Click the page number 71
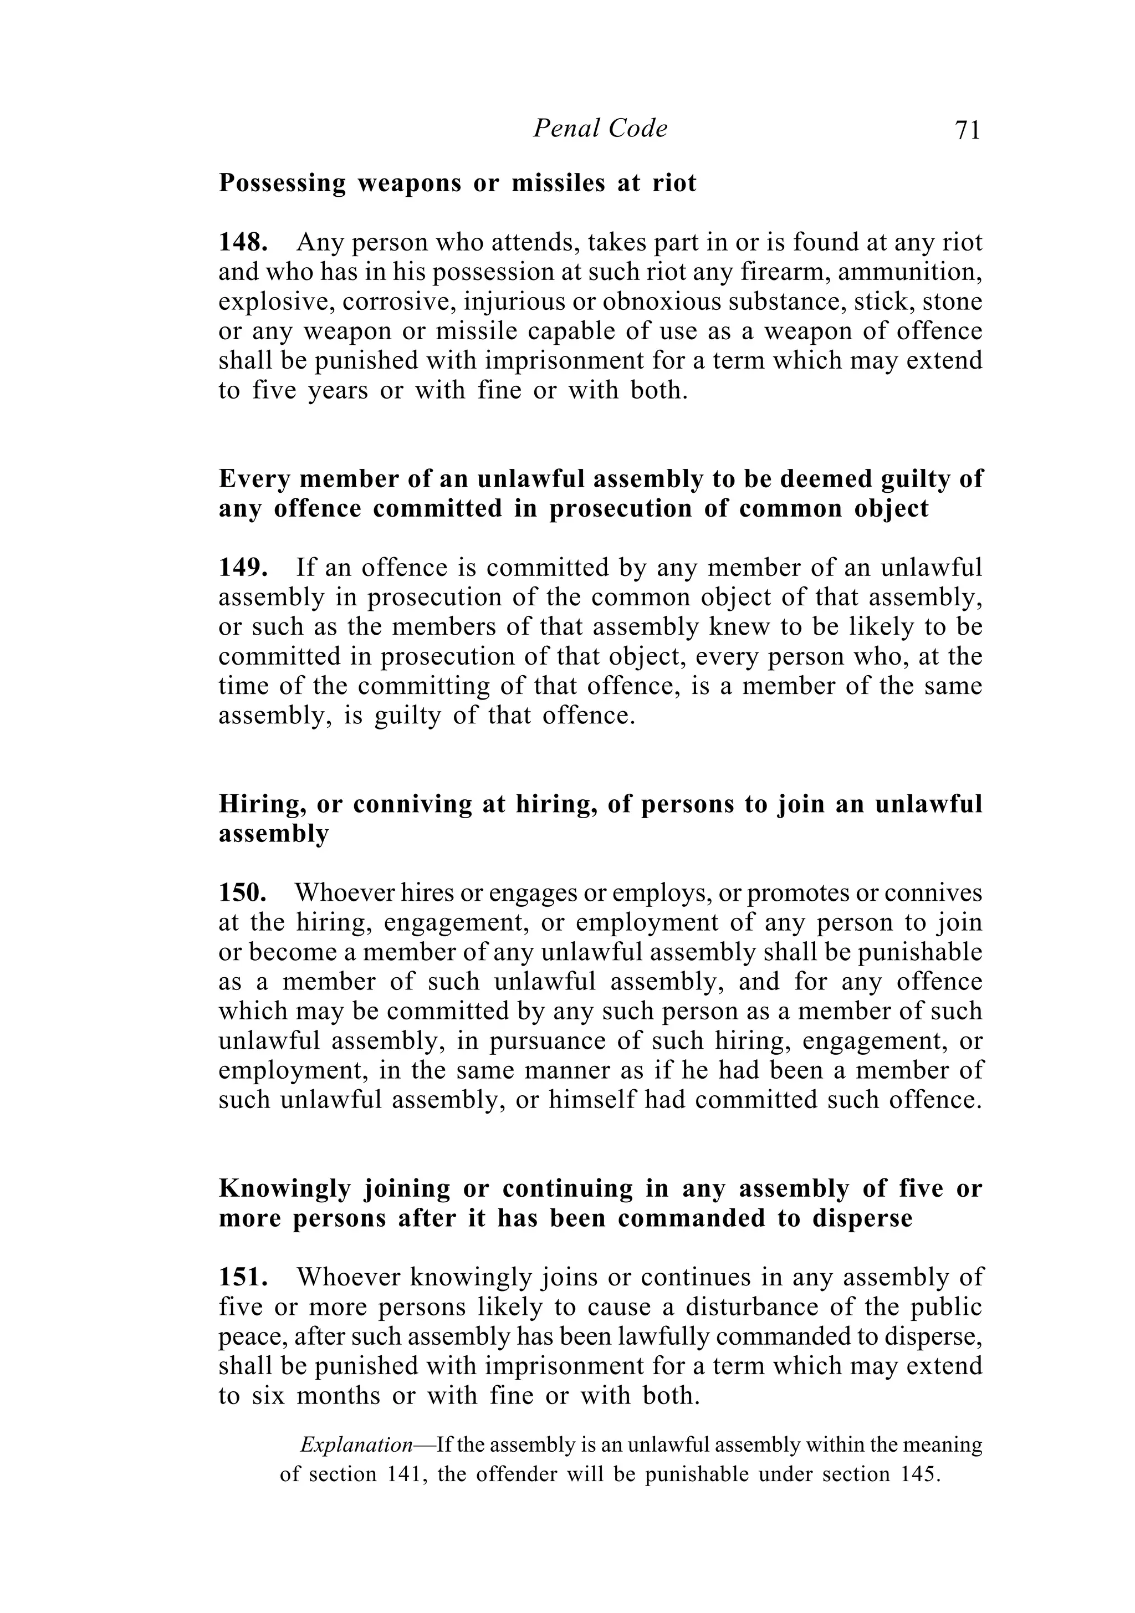pyautogui.click(x=967, y=131)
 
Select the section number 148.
pyautogui.click(x=243, y=242)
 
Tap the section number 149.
pyautogui.click(x=243, y=568)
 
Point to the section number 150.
pyautogui.click(x=242, y=893)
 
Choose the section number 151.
pyautogui.click(x=243, y=1277)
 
